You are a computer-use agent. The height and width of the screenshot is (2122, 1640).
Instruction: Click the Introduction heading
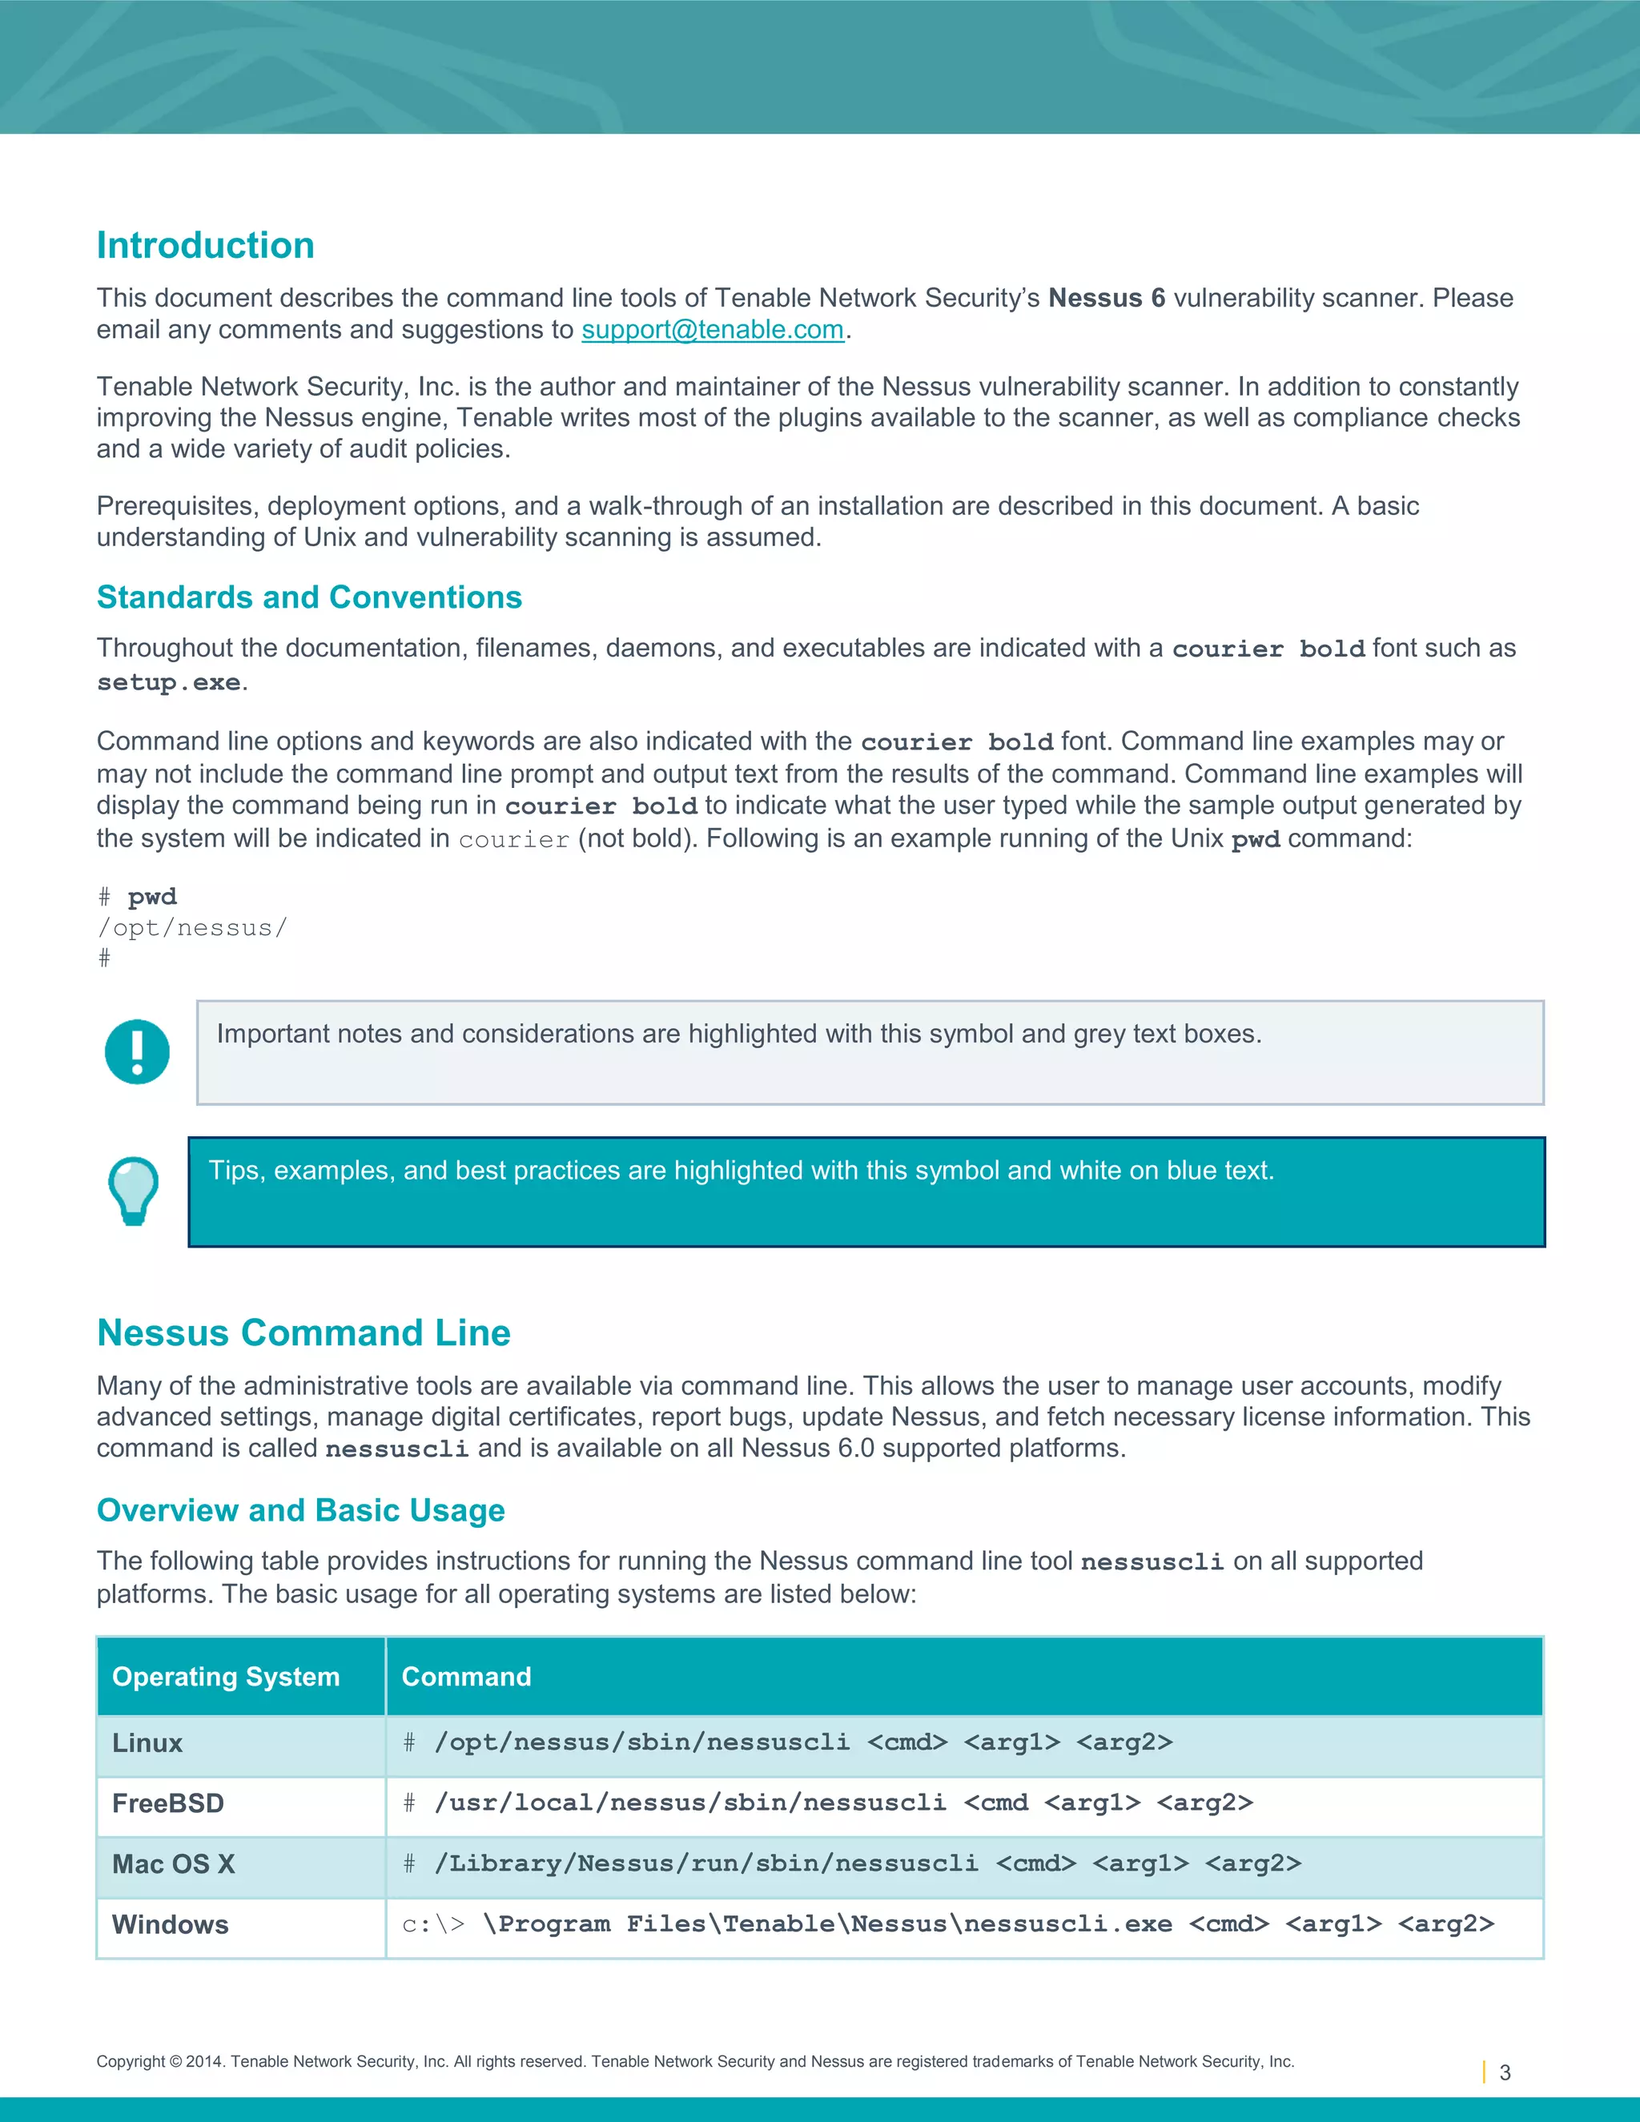point(205,245)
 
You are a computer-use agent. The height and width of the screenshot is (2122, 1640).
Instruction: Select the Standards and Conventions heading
point(309,597)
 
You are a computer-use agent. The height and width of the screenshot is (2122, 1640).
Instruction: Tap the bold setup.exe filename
point(168,682)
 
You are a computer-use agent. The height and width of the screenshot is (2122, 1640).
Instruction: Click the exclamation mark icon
point(137,1051)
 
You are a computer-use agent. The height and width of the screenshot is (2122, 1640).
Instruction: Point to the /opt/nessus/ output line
point(192,928)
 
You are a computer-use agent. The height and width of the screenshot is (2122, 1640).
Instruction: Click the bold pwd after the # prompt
point(152,896)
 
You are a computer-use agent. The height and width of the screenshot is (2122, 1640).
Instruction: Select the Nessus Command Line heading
point(303,1332)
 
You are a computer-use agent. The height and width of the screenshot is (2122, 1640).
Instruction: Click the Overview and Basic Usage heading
point(300,1510)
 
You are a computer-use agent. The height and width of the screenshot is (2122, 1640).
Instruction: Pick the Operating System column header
point(225,1676)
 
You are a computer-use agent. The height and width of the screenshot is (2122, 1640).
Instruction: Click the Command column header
point(466,1676)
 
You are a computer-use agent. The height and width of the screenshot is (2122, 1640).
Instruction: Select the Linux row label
point(147,1743)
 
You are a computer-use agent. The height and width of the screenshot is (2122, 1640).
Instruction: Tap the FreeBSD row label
point(168,1803)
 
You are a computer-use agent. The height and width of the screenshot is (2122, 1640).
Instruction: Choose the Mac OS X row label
point(174,1863)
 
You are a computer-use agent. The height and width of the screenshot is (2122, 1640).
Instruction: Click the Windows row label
point(170,1925)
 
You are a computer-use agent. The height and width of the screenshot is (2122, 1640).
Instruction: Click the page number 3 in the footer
point(1505,2072)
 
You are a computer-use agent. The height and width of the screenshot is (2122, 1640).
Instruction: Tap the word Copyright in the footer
point(131,2062)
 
